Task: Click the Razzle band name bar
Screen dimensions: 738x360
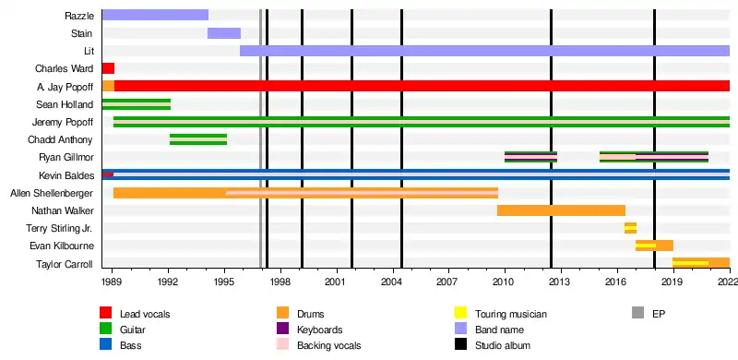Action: (x=155, y=15)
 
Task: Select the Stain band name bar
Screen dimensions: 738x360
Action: (x=224, y=33)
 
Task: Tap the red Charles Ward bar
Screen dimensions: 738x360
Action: (x=108, y=68)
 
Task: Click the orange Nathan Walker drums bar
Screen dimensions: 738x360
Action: (x=561, y=210)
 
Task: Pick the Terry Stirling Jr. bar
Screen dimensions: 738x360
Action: (x=630, y=228)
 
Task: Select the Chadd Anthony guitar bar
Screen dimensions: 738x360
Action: (x=198, y=139)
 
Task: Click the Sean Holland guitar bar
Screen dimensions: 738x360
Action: (x=136, y=103)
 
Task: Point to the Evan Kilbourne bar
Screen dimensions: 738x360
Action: (x=654, y=246)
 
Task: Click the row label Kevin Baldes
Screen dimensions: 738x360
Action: (x=66, y=175)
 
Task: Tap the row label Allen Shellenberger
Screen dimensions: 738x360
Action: (x=52, y=193)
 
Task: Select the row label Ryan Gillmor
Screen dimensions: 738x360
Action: (x=66, y=157)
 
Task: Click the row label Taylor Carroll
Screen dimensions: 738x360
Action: (x=65, y=264)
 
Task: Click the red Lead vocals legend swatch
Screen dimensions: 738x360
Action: (x=105, y=313)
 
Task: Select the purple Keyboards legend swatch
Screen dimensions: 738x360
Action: (x=283, y=329)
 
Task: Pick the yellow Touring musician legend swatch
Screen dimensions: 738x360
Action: (x=460, y=313)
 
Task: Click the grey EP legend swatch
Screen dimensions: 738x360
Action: (x=637, y=313)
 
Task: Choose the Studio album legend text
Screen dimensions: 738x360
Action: (x=503, y=345)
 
